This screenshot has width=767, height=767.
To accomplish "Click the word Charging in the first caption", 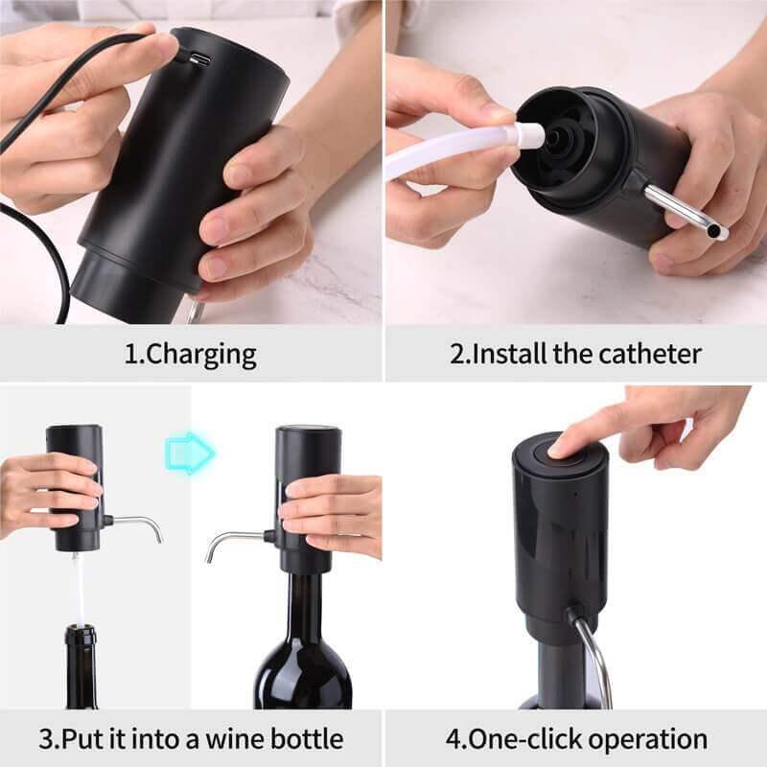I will (202, 355).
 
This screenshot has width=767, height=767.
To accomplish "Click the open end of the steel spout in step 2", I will (719, 233).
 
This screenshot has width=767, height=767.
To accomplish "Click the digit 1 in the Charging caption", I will (130, 355).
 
